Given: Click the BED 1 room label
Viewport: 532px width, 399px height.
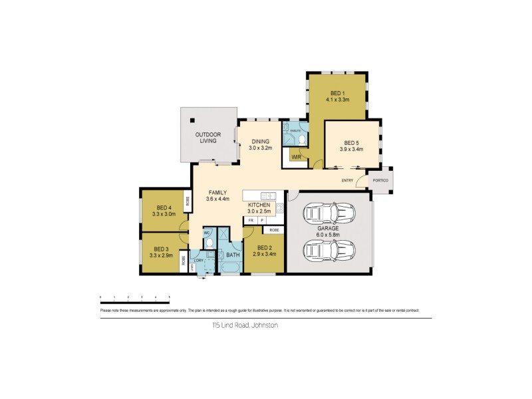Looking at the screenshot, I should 337,92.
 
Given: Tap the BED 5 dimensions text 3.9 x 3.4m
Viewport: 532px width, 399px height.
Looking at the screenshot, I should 352,150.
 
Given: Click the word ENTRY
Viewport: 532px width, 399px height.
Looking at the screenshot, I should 347,180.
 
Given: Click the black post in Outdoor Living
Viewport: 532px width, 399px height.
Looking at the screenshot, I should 192,120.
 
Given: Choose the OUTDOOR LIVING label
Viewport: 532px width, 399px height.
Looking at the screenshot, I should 207,138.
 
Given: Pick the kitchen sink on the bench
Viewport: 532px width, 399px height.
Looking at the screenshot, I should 268,196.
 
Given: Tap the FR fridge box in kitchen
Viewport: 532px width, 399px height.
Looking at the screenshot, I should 251,220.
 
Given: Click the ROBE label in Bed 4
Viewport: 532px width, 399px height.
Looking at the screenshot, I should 188,201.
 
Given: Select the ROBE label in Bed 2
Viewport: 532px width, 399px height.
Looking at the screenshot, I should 273,230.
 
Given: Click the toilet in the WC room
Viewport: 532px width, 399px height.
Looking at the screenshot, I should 208,243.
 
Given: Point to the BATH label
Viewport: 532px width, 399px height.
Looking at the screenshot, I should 232,255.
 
